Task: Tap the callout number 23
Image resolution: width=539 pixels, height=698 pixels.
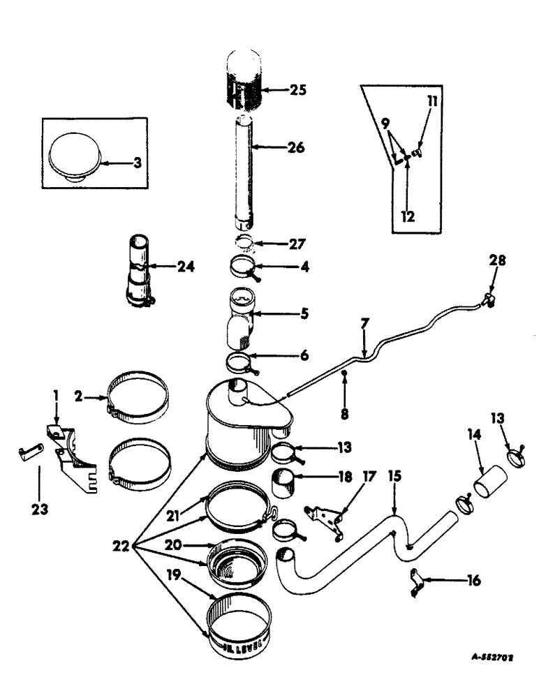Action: tap(39, 510)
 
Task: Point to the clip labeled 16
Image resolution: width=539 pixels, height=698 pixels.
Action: tap(418, 579)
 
